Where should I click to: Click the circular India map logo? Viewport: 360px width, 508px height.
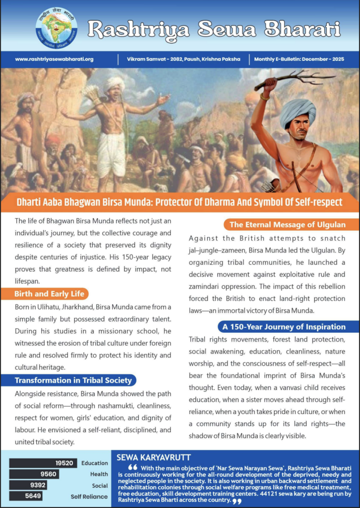[57, 28]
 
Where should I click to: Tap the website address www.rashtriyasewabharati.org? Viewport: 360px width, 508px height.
[54, 59]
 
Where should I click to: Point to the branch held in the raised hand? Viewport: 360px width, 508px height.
[298, 79]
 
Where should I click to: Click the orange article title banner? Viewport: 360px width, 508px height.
[180, 203]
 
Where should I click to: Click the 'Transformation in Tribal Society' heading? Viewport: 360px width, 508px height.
[73, 381]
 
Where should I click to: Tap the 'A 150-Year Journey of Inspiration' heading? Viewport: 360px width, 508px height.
[291, 327]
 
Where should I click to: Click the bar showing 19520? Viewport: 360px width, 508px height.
[44, 463]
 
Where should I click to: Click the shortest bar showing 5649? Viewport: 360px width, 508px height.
[26, 496]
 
